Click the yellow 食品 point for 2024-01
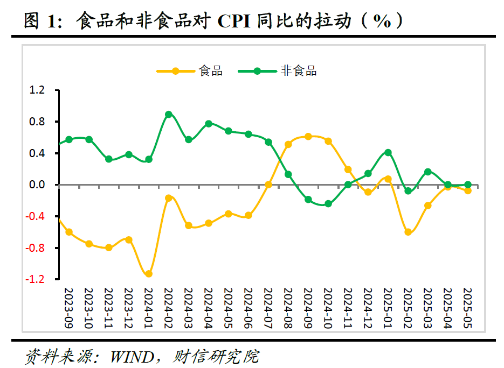(x=149, y=274)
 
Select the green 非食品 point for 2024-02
(x=169, y=115)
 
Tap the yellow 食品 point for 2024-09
(x=308, y=137)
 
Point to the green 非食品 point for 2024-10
(x=328, y=204)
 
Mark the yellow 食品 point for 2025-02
(x=408, y=232)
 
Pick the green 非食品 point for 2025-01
(x=388, y=153)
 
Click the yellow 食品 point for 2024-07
(x=268, y=185)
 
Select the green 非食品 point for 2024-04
(x=209, y=124)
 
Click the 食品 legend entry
(x=210, y=70)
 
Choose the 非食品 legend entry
(x=298, y=70)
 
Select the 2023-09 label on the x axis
(x=69, y=307)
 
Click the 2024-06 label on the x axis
(x=248, y=307)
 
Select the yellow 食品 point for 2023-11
(x=109, y=247)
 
